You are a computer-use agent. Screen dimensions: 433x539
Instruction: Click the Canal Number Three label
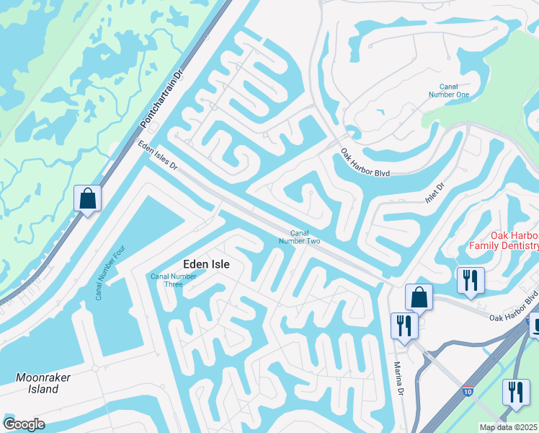173,280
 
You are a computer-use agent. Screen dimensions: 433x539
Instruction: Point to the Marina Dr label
398,378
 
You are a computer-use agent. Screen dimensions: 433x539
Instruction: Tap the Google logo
24,424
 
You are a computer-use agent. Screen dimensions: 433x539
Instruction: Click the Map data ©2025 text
509,427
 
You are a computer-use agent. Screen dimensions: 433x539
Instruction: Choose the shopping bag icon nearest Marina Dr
419,297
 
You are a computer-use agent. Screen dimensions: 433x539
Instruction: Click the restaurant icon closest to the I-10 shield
515,392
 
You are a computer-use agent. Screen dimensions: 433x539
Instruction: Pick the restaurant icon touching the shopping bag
404,325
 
